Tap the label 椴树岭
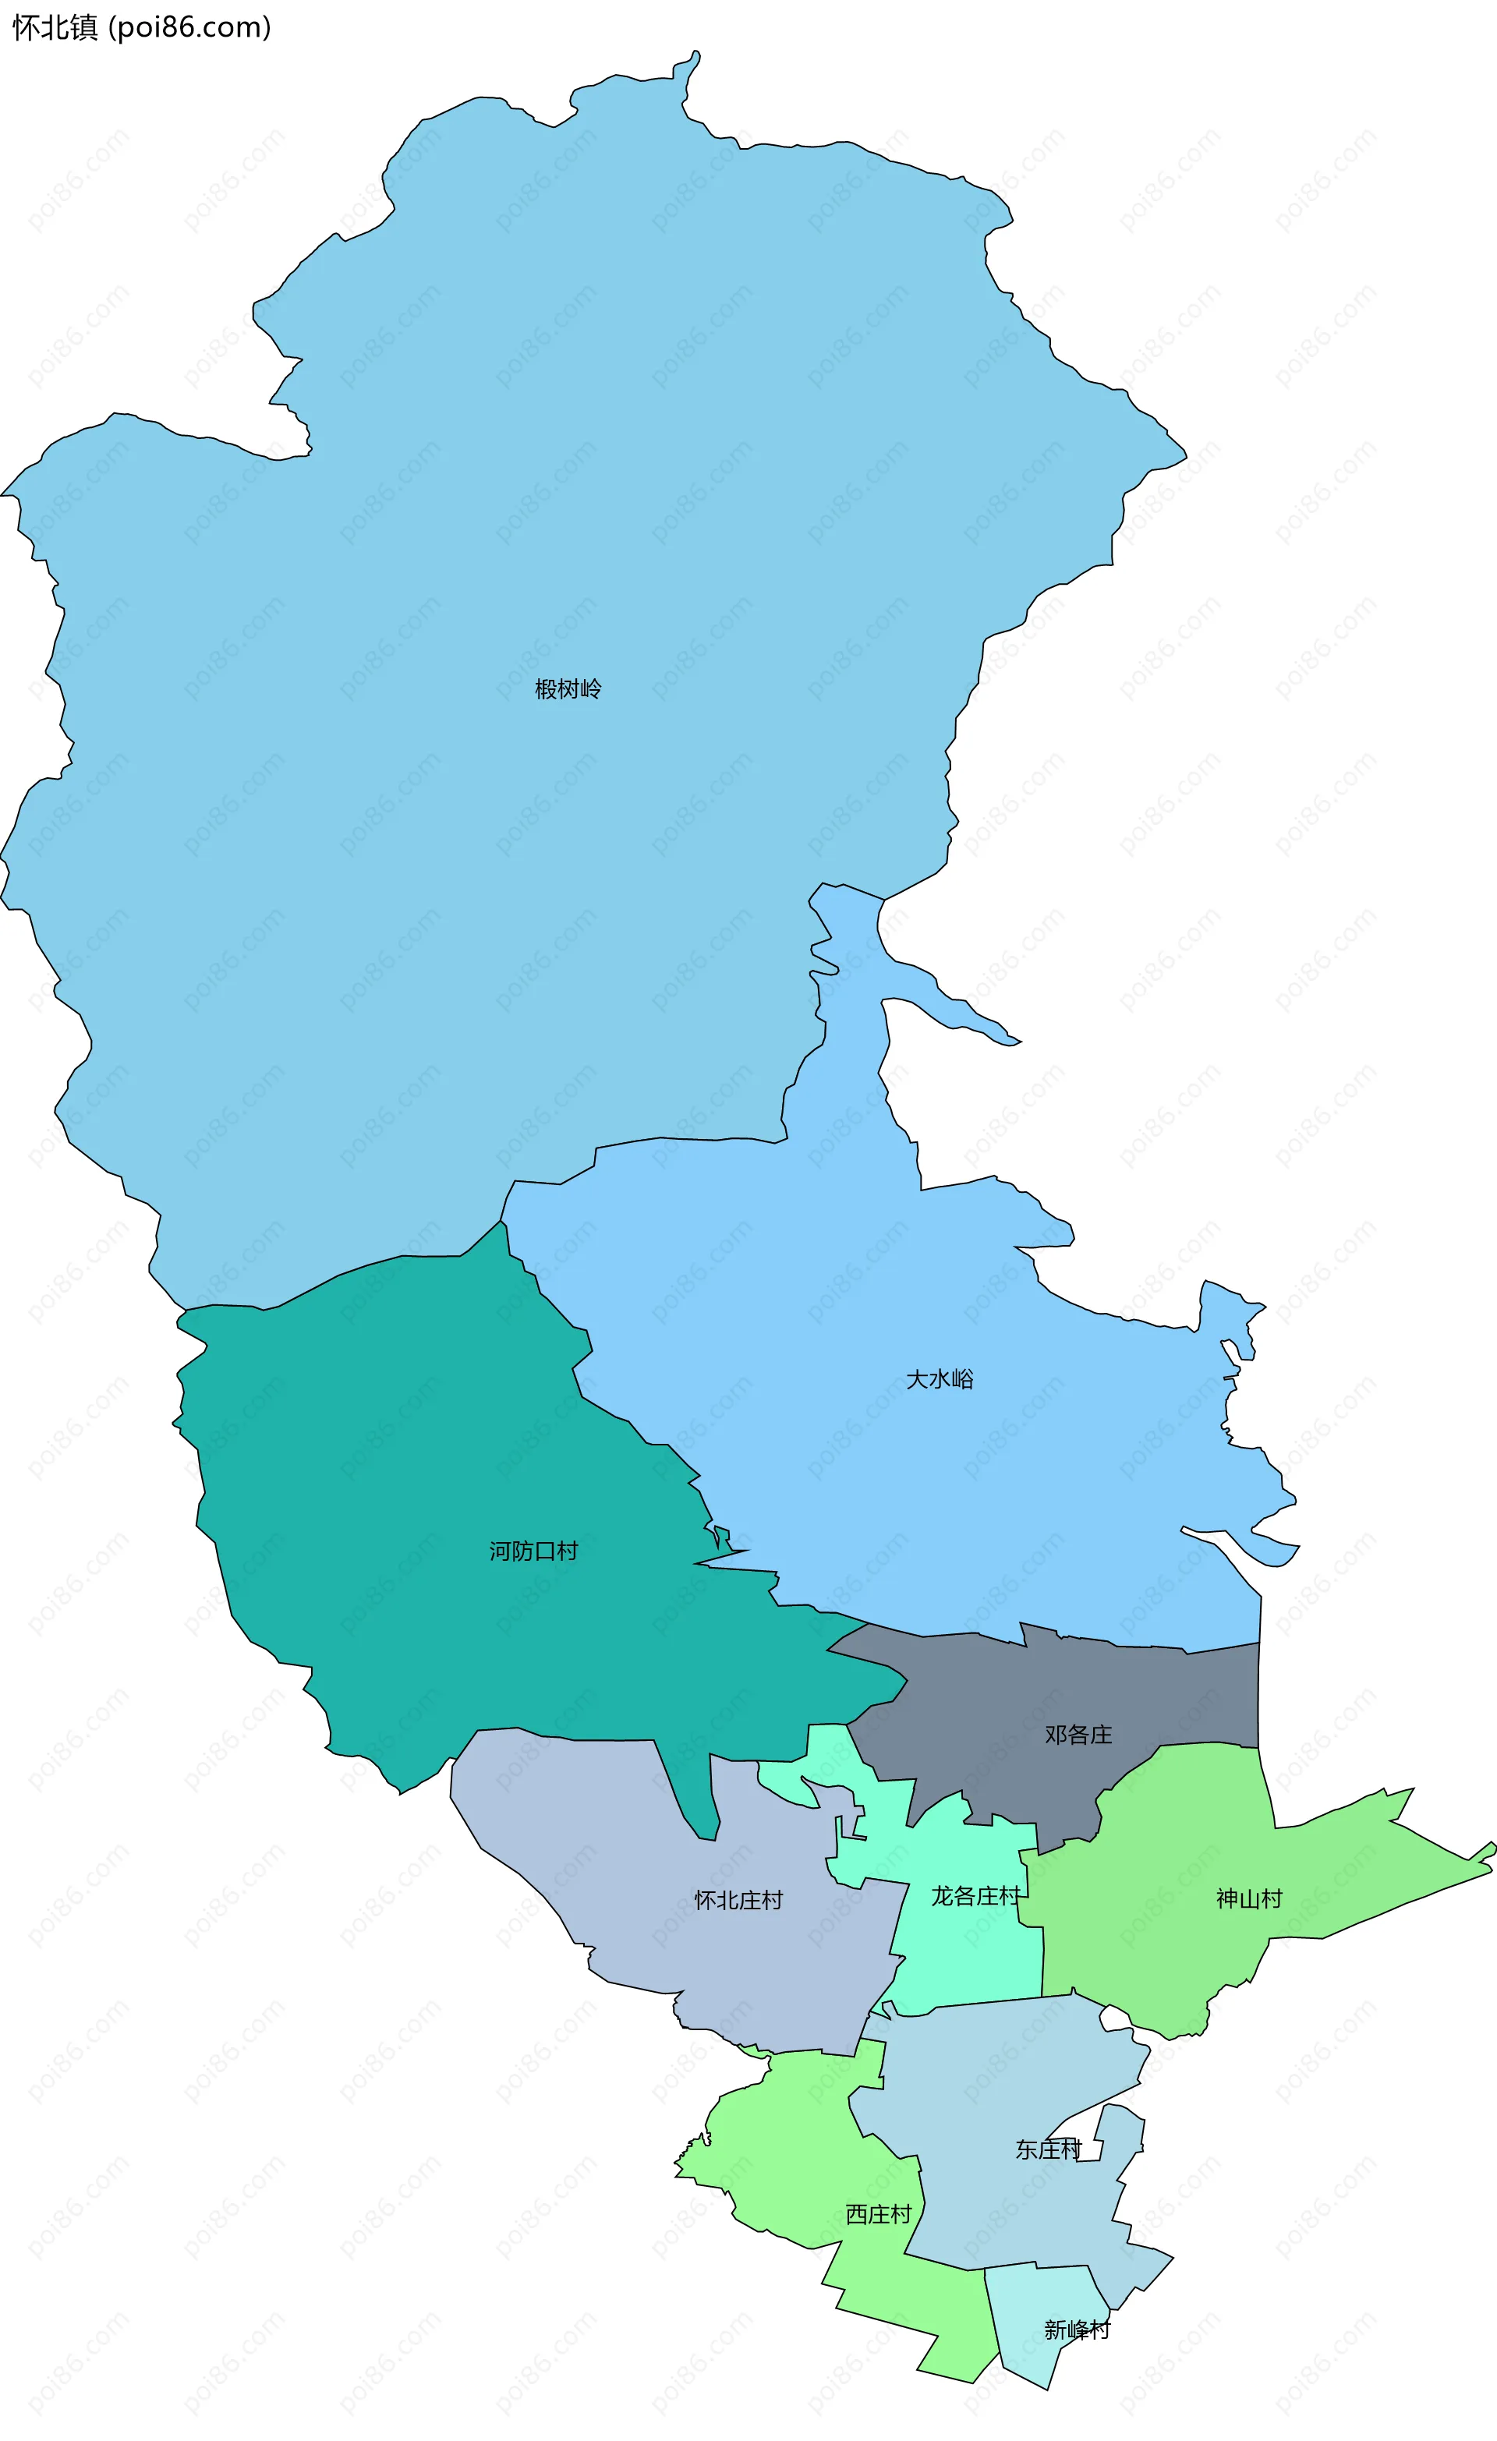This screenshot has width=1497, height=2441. pos(568,688)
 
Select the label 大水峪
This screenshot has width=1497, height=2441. pos(940,1379)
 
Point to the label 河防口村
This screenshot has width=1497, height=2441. pos(533,1551)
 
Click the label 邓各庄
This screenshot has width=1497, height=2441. pos(1078,1735)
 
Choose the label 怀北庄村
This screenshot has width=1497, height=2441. pos(738,1900)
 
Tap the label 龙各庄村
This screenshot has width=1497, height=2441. pos(975,1895)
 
